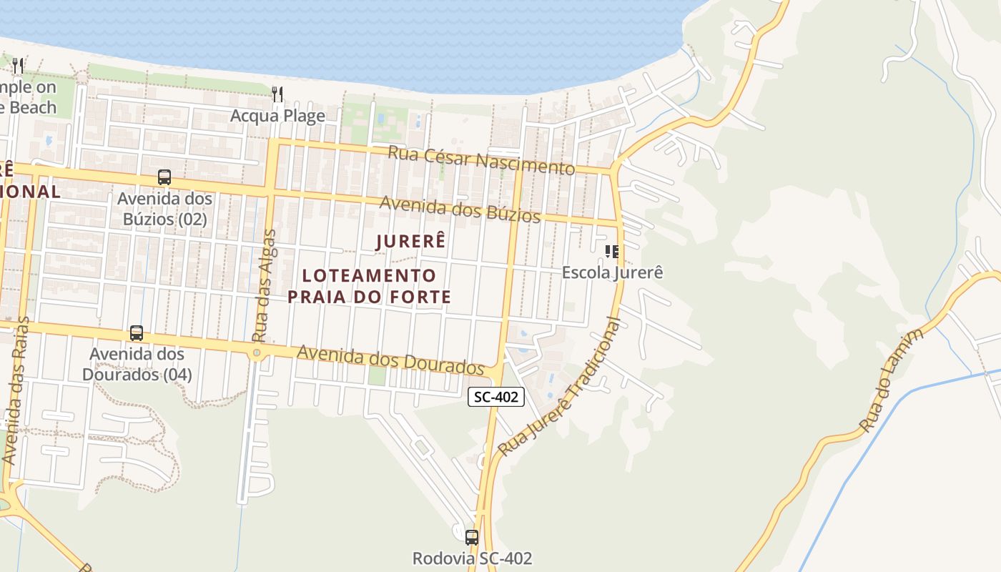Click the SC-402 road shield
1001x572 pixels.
[x=496, y=397]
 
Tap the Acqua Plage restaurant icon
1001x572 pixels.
[x=277, y=94]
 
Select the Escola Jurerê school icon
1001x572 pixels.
[x=611, y=251]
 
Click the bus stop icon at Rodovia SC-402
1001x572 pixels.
[x=471, y=537]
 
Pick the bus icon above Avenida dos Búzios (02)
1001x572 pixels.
[x=164, y=177]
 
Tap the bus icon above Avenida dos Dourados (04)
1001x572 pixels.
[x=136, y=333]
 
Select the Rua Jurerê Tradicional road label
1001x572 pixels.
[x=560, y=387]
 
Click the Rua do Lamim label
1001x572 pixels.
[x=892, y=380]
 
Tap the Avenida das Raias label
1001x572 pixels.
[x=16, y=390]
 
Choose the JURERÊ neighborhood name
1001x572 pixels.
[x=411, y=242]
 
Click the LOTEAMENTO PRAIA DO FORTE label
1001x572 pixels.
[x=369, y=286]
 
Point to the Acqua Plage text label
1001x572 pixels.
[x=277, y=116]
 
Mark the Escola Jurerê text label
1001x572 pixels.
[x=612, y=272]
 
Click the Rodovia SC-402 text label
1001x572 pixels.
[x=472, y=558]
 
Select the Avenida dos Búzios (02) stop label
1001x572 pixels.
[x=164, y=208]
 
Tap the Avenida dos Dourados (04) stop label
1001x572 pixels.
[x=137, y=364]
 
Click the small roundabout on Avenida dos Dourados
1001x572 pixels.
[x=257, y=352]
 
